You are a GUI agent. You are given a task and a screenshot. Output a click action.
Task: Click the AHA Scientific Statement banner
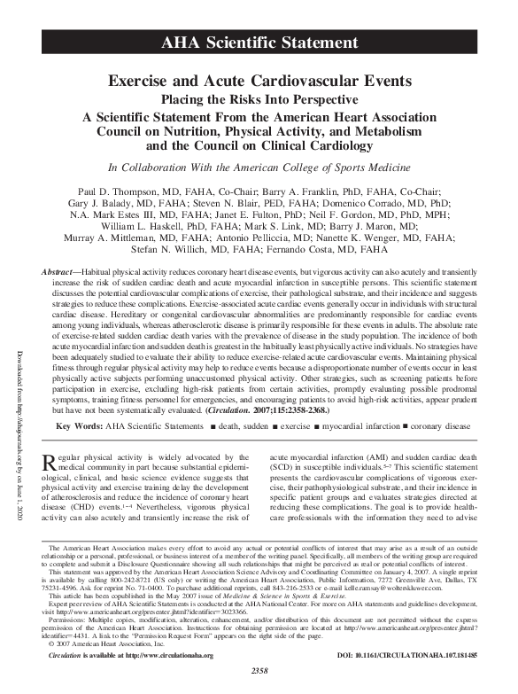point(259,43)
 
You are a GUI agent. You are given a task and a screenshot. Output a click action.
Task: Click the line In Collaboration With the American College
point(259,168)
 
